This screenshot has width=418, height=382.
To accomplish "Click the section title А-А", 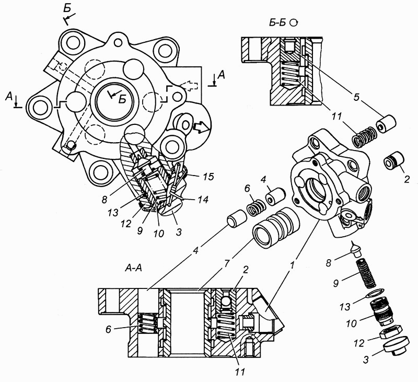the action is [x=133, y=268].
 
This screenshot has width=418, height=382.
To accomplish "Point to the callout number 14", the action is [x=202, y=200].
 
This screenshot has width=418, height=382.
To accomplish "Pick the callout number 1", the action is [x=293, y=265].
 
